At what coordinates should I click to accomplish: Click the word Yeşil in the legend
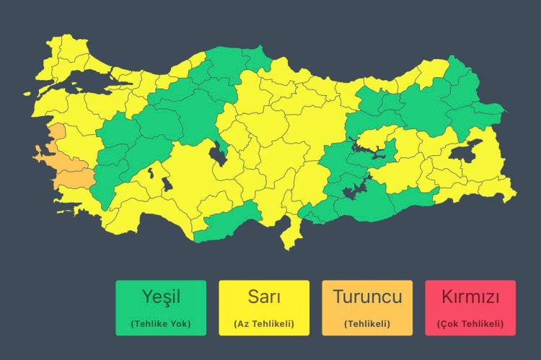pyautogui.click(x=161, y=297)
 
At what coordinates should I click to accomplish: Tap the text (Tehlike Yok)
pyautogui.click(x=161, y=324)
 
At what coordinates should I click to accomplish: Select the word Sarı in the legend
pyautogui.click(x=264, y=297)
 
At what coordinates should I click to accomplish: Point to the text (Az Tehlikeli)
pyautogui.click(x=264, y=324)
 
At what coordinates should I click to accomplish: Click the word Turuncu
pyautogui.click(x=367, y=297)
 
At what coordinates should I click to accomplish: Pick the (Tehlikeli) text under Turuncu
pyautogui.click(x=367, y=324)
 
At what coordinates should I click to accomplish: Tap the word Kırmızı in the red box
pyautogui.click(x=470, y=297)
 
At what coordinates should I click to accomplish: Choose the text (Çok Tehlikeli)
pyautogui.click(x=470, y=324)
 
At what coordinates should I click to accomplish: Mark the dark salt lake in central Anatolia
pyautogui.click(x=216, y=153)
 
